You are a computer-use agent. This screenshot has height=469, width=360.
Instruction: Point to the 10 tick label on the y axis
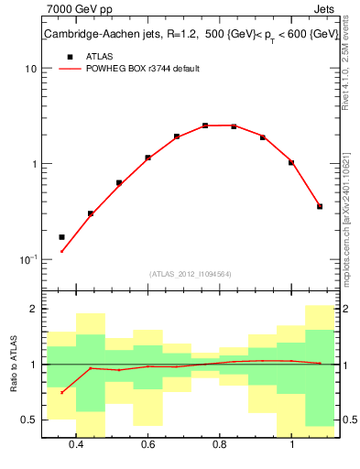click(x=31, y=69)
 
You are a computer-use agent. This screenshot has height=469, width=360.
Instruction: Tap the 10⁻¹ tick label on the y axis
click(x=28, y=259)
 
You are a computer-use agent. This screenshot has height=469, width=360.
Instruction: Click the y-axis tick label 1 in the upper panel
click(x=34, y=164)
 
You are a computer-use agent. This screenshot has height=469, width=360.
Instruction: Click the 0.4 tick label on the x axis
click(x=76, y=445)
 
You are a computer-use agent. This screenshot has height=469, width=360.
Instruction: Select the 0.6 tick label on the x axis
click(x=148, y=445)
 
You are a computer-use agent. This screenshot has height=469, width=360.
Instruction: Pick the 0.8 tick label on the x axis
click(x=220, y=445)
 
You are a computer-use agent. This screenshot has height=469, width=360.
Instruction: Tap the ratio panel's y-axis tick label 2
click(x=33, y=310)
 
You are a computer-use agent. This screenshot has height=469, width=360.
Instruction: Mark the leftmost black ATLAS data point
click(x=62, y=237)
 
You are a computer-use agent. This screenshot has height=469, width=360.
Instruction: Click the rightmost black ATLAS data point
click(x=320, y=206)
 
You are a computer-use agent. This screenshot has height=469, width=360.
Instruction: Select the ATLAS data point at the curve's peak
click(x=205, y=125)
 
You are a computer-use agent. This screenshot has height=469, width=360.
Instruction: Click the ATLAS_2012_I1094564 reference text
click(x=190, y=274)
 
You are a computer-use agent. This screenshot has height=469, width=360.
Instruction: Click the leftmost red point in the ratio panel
click(x=62, y=392)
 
